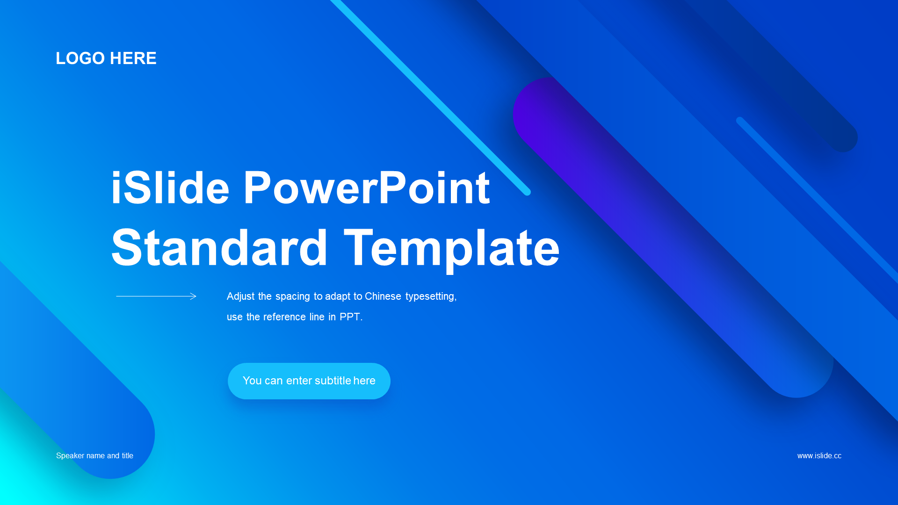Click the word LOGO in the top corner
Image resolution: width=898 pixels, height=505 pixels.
pos(80,58)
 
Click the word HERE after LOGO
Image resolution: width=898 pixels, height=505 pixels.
pos(133,58)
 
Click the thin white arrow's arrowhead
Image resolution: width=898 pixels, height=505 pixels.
pos(194,296)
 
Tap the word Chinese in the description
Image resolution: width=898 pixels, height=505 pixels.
pos(383,296)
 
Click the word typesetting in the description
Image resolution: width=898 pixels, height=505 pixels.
pos(431,297)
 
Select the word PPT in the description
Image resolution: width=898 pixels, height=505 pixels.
pos(350,317)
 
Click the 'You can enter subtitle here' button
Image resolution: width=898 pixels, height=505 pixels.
pos(309,381)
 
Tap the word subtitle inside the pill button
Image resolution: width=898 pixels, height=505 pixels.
pos(333,381)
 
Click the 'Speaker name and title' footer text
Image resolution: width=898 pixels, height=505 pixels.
pos(94,456)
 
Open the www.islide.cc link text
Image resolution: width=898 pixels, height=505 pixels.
pos(819,456)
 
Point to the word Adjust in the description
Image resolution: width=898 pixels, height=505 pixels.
pos(241,297)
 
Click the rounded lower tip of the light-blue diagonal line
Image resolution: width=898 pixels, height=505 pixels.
pos(527,192)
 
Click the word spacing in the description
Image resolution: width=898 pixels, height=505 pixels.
pos(292,297)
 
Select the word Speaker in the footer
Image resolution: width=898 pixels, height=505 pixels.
pos(70,456)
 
